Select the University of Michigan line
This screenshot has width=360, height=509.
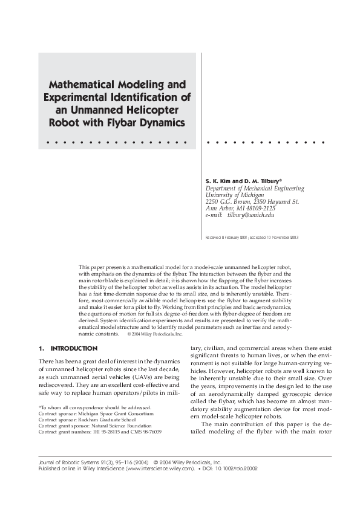pyautogui.click(x=235, y=195)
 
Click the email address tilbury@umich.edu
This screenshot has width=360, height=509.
pyautogui.click(x=250, y=215)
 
